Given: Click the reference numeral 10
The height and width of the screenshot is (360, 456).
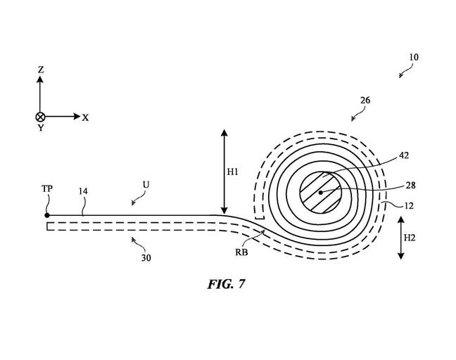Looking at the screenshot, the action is (x=414, y=57).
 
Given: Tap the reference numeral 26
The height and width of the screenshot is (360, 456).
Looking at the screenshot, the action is (x=365, y=101).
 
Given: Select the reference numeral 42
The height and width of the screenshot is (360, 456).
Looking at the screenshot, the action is (x=404, y=155).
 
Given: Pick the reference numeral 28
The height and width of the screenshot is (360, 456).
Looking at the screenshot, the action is (x=410, y=186).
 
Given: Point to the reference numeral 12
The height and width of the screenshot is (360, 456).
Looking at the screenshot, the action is (x=409, y=206).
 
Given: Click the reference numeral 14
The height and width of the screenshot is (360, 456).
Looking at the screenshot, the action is (x=83, y=191).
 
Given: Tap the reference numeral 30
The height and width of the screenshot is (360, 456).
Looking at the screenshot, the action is (x=146, y=258).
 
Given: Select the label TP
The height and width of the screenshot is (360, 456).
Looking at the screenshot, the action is (x=47, y=188).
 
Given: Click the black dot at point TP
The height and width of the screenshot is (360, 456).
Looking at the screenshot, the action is (x=47, y=215).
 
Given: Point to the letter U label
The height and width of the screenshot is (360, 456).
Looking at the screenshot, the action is (x=146, y=184).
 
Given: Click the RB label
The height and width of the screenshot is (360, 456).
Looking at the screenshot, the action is (x=241, y=252).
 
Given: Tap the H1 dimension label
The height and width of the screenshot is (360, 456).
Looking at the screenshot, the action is (x=232, y=172).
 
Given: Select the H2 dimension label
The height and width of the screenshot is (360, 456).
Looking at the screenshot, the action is (x=410, y=238).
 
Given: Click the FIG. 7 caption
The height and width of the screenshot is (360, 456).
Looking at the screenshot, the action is (x=227, y=284).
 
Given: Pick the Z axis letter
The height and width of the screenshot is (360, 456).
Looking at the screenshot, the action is (x=41, y=70).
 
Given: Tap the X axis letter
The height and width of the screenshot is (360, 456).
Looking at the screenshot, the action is (x=85, y=117).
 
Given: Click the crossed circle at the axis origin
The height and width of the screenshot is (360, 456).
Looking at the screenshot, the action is (x=40, y=117).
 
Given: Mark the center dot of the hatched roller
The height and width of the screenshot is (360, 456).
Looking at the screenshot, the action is (x=320, y=193).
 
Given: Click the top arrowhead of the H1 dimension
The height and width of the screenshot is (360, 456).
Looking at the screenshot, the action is (x=224, y=133).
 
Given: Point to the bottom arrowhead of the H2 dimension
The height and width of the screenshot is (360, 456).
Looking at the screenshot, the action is (x=400, y=256).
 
